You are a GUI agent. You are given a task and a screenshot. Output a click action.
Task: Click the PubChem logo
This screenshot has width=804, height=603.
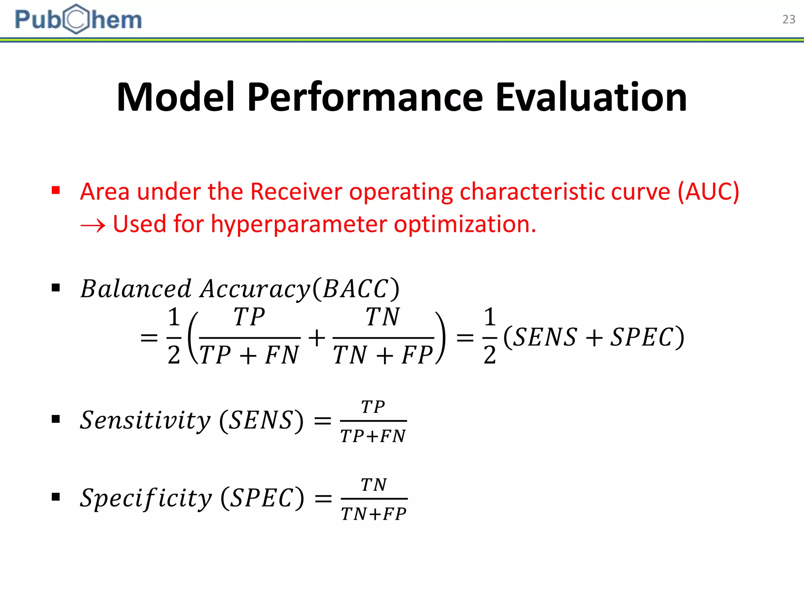(78, 19)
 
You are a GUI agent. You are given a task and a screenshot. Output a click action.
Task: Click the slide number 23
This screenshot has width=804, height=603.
(788, 19)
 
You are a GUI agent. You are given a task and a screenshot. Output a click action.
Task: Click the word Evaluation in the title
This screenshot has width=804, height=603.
(591, 97)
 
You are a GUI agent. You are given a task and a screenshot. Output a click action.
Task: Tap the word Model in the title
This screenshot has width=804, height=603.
(175, 97)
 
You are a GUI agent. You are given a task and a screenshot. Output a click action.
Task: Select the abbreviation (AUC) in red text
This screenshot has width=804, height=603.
(709, 192)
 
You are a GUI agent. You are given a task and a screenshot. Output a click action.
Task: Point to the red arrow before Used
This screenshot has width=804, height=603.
(93, 225)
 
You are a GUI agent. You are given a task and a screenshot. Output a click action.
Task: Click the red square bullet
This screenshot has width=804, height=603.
(56, 191)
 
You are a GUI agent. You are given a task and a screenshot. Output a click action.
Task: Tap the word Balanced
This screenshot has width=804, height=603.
(136, 289)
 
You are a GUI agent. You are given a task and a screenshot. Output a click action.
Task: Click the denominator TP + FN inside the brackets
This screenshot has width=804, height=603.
(249, 355)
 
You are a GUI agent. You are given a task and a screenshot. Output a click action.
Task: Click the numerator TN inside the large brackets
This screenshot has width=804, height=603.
(383, 317)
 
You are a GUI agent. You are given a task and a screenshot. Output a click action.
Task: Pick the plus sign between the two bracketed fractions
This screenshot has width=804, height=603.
(317, 338)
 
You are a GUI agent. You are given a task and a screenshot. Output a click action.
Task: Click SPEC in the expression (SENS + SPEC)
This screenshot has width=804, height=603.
(642, 337)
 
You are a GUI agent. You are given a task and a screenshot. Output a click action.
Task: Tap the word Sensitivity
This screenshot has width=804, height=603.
(145, 420)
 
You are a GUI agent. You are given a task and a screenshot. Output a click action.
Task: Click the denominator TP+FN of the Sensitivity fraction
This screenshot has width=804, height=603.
(373, 436)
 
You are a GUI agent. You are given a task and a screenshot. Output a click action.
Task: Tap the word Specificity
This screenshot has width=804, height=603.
(146, 498)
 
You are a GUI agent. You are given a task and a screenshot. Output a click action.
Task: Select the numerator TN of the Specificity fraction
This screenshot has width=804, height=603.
(374, 485)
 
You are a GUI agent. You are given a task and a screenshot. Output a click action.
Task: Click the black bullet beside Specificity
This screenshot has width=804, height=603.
(56, 497)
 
